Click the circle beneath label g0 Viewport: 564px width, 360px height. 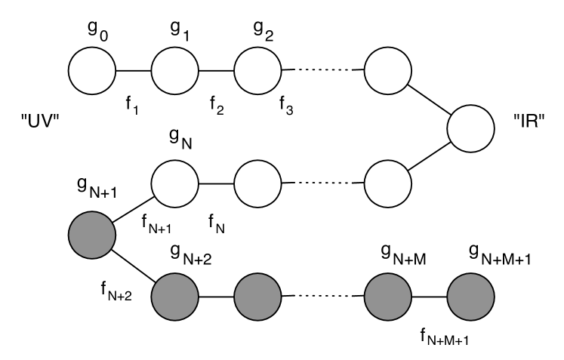click(91, 71)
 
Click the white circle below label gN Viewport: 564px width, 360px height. click(174, 182)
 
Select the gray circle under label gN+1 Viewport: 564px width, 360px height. click(91, 234)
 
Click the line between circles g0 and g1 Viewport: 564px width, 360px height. click(133, 71)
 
